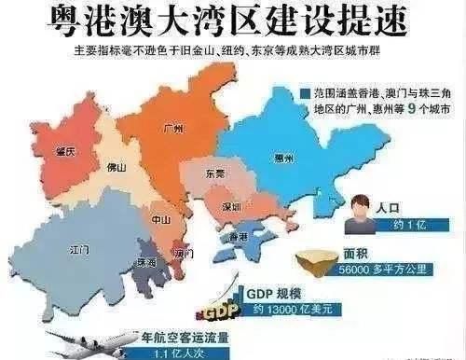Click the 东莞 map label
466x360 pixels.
217,173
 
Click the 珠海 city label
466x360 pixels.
146,264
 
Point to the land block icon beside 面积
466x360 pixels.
320,265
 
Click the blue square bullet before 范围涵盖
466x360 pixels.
305,95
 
